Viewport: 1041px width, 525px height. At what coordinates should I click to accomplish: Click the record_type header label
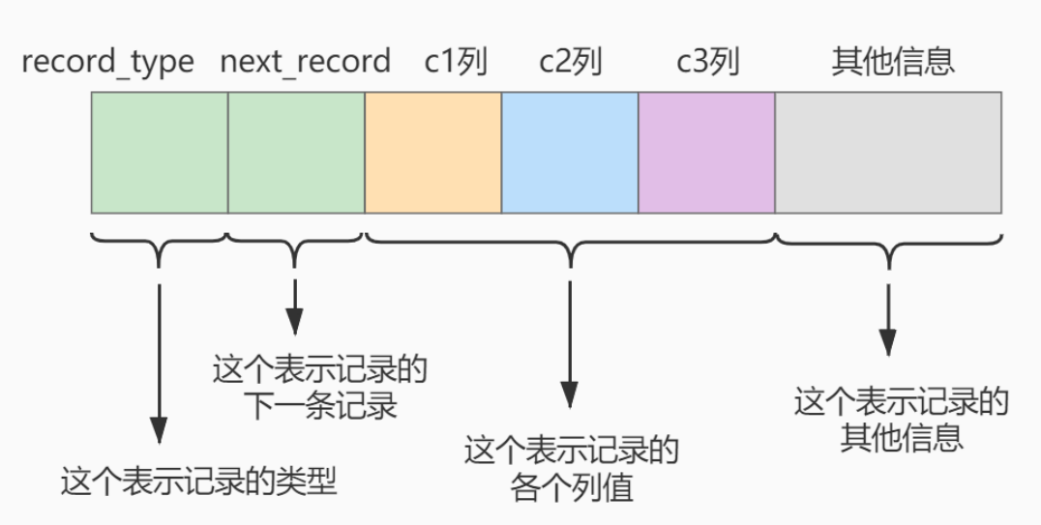pos(107,63)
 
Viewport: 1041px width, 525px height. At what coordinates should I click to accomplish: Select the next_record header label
pos(305,63)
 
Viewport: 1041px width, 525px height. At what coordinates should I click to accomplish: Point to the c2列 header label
pos(570,63)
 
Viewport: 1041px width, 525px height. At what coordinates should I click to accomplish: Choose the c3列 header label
pos(707,63)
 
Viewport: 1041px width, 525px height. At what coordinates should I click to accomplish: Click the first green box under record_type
pos(160,153)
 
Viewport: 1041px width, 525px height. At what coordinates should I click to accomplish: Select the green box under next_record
pos(296,153)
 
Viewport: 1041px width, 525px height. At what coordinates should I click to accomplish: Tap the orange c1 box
pos(432,153)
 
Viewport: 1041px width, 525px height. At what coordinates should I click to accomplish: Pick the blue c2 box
pos(570,153)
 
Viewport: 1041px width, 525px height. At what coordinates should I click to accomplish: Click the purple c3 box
pos(706,153)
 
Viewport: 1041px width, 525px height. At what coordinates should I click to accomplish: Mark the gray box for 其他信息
pos(888,153)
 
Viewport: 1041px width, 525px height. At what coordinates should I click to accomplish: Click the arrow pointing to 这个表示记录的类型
pos(159,358)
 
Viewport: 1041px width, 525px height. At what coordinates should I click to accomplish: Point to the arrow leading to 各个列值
pos(570,338)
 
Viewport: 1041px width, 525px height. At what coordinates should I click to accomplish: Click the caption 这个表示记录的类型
pos(198,481)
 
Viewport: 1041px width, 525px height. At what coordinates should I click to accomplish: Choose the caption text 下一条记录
pos(319,405)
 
